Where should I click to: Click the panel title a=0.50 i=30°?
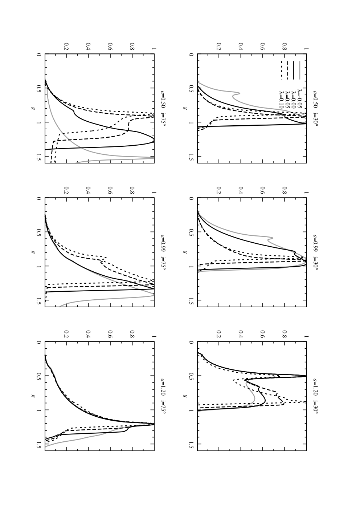pos(315,108)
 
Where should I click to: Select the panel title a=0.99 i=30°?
pos(315,252)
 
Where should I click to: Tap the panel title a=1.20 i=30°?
pos(315,396)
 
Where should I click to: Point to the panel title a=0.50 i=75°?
pos(163,108)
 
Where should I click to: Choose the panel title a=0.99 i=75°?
pos(163,252)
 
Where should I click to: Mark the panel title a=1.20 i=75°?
pos(163,396)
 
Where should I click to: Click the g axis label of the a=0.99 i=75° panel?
pos(33,252)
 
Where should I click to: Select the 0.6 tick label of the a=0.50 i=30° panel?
pos(262,46)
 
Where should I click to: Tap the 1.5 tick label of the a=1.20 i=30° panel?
pos(191,444)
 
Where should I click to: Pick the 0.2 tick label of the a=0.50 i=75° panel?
pos(66,46)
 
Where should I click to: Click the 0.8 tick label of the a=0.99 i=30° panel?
pos(284,191)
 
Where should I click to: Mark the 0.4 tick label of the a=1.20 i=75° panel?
pos(88,335)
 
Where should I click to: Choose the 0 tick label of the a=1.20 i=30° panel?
pos(191,342)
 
